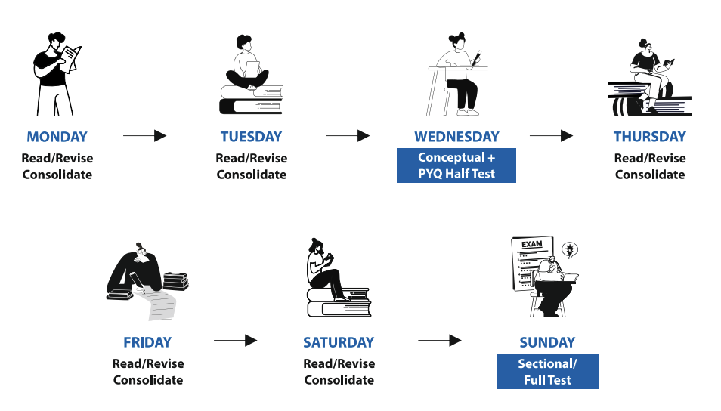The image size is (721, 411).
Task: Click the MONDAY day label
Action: pos(57,137)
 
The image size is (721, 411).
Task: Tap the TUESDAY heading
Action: pos(251,137)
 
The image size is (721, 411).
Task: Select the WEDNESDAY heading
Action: pos(456,137)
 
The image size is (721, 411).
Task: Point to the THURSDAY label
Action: pos(650,137)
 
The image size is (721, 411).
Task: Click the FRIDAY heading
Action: pos(147,342)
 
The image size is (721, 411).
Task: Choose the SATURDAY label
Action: pos(339,342)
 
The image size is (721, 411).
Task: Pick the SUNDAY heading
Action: pos(547,342)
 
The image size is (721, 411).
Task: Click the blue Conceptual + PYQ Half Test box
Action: pos(456,165)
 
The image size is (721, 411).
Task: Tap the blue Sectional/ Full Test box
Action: pos(547,372)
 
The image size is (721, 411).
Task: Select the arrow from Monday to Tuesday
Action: pos(144,136)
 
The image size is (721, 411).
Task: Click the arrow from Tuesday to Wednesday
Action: pos(348,136)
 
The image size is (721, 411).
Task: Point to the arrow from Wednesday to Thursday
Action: pos(551,136)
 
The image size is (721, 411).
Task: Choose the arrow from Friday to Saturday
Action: pos(236,341)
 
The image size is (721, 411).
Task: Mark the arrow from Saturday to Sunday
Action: pos(440,341)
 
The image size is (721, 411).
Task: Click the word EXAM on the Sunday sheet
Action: pos(531,244)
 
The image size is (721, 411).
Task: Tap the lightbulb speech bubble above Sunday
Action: pos(570,249)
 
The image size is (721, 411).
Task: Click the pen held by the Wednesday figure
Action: pos(476,57)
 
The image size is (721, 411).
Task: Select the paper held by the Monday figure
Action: pos(71,58)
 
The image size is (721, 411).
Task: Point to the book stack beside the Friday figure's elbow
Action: pos(175,281)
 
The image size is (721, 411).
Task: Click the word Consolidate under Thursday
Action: pos(650,175)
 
